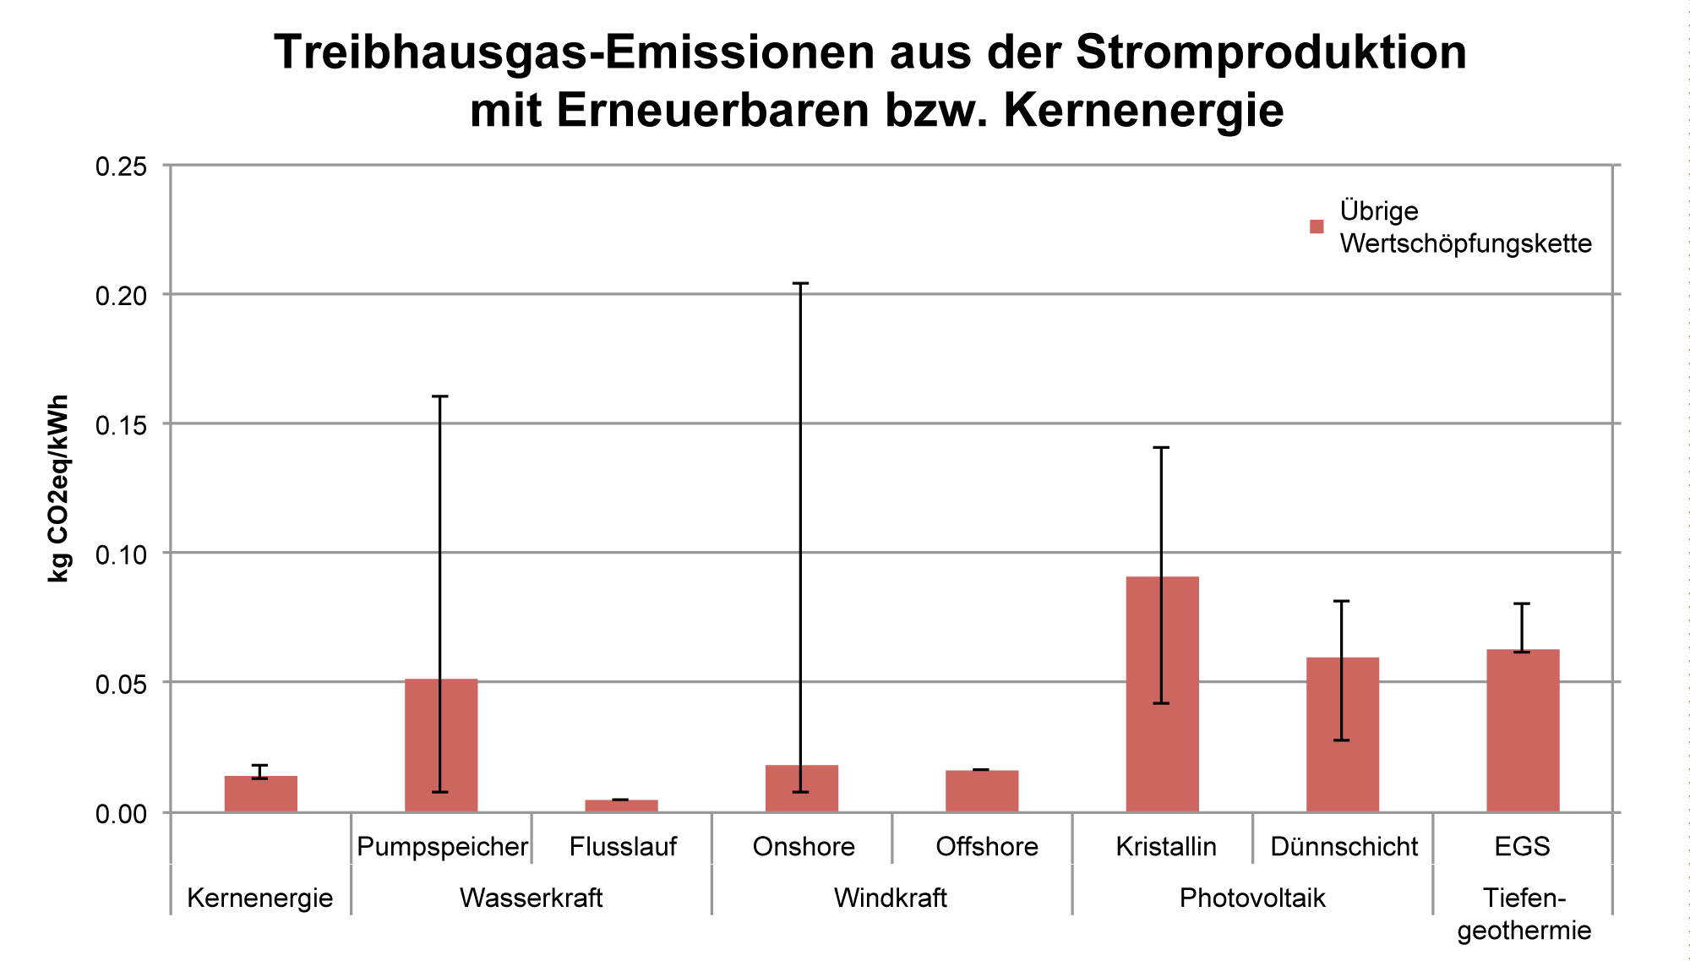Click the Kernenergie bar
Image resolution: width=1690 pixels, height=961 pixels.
(260, 794)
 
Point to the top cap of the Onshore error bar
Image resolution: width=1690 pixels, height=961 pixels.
(801, 283)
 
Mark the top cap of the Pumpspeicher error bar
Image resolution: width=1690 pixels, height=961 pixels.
(440, 396)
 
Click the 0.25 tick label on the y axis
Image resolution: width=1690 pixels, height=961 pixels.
(121, 167)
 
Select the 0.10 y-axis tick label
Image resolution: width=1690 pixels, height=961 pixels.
(121, 554)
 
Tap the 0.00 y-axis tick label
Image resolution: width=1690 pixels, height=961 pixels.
(121, 814)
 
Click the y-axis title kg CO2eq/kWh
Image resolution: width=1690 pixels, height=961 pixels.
(57, 489)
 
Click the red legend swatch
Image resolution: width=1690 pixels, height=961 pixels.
(1316, 227)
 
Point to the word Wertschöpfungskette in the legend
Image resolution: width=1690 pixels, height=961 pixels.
(1465, 243)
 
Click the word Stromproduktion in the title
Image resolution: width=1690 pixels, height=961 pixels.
(1271, 52)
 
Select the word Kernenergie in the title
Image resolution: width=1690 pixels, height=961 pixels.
(1143, 110)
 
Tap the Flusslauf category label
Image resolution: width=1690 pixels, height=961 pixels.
(623, 846)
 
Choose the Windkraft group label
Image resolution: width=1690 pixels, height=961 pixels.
(891, 898)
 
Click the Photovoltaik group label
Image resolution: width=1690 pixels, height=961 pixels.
(1252, 898)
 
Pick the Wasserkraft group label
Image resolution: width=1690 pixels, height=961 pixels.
(531, 898)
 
